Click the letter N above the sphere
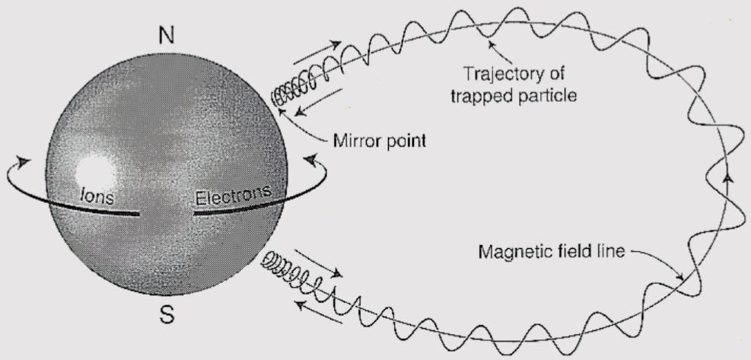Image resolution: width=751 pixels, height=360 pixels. click(x=167, y=35)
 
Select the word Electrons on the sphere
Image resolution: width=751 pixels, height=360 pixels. click(x=233, y=196)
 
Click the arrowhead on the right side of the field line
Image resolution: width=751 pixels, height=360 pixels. click(x=729, y=177)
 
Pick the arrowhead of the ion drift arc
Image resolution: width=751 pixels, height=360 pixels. click(x=23, y=161)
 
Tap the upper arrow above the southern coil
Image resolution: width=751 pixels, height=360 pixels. click(x=316, y=263)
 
